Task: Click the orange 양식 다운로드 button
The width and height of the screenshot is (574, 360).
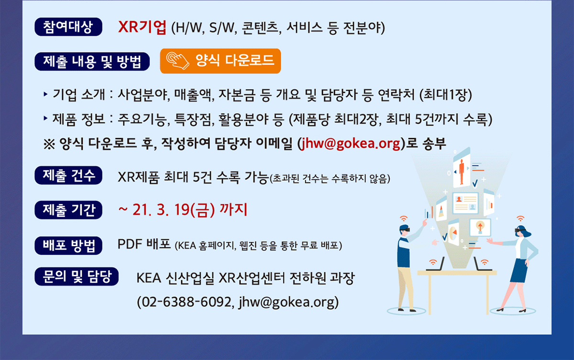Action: coord(221,61)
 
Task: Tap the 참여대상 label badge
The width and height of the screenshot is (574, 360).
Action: coord(68,27)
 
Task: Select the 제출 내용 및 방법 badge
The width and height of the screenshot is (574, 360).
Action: coord(92,62)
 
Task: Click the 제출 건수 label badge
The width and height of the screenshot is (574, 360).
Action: coord(68,175)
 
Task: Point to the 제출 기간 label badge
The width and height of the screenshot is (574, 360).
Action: coord(68,210)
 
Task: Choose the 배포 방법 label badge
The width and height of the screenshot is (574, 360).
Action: coord(68,246)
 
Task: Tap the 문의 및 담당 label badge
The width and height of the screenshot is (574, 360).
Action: coord(77,276)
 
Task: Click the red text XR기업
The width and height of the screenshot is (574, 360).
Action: coord(142,27)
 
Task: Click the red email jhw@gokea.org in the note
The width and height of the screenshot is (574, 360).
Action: coord(350,143)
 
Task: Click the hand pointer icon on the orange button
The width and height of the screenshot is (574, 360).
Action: coord(177,61)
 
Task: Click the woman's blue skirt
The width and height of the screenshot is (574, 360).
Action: coord(519,271)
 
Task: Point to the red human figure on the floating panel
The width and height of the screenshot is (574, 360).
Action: coord(462,172)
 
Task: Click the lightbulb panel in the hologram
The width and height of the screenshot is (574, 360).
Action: coord(480,228)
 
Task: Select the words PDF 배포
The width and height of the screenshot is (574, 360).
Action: coord(144,244)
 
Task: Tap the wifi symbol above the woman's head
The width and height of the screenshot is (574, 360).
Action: coord(520,218)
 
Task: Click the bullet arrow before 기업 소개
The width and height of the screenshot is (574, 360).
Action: coord(45,94)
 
